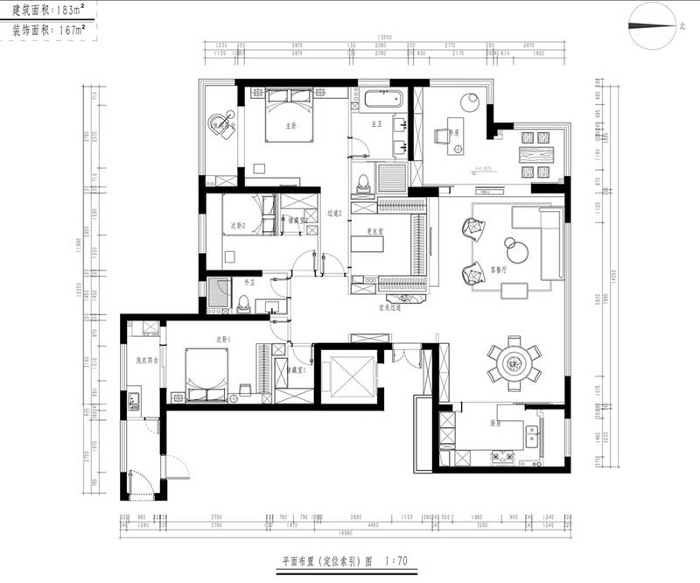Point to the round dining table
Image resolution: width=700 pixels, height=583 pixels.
pyautogui.click(x=514, y=361)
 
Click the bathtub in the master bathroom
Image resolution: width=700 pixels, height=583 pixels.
pyautogui.click(x=379, y=97)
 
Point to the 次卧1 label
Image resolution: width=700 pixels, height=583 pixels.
pyautogui.click(x=224, y=339)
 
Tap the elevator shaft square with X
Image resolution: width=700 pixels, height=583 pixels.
pyautogui.click(x=348, y=375)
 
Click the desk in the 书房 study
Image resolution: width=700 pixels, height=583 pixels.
pyautogui.click(x=455, y=135)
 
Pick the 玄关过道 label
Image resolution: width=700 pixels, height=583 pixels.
pyautogui.click(x=389, y=308)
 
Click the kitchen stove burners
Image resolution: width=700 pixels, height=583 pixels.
pyautogui.click(x=504, y=455)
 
